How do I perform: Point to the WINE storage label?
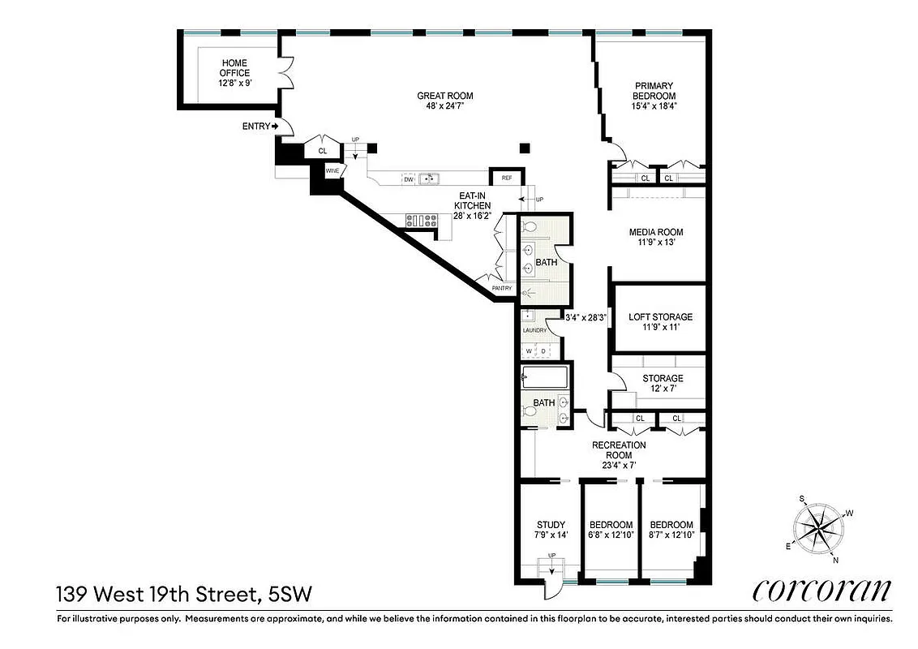pos(332,171)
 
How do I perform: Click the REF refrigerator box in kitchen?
pos(506,178)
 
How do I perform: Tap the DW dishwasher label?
pos(409,179)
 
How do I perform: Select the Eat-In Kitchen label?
pos(474,206)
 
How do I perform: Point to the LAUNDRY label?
pos(534,330)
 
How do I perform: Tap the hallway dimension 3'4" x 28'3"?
pos(586,317)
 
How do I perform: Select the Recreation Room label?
pos(619,455)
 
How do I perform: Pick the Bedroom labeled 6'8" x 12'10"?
pos(611,530)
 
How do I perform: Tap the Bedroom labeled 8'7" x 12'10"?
pos(671,530)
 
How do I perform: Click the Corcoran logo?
pos(822,590)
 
